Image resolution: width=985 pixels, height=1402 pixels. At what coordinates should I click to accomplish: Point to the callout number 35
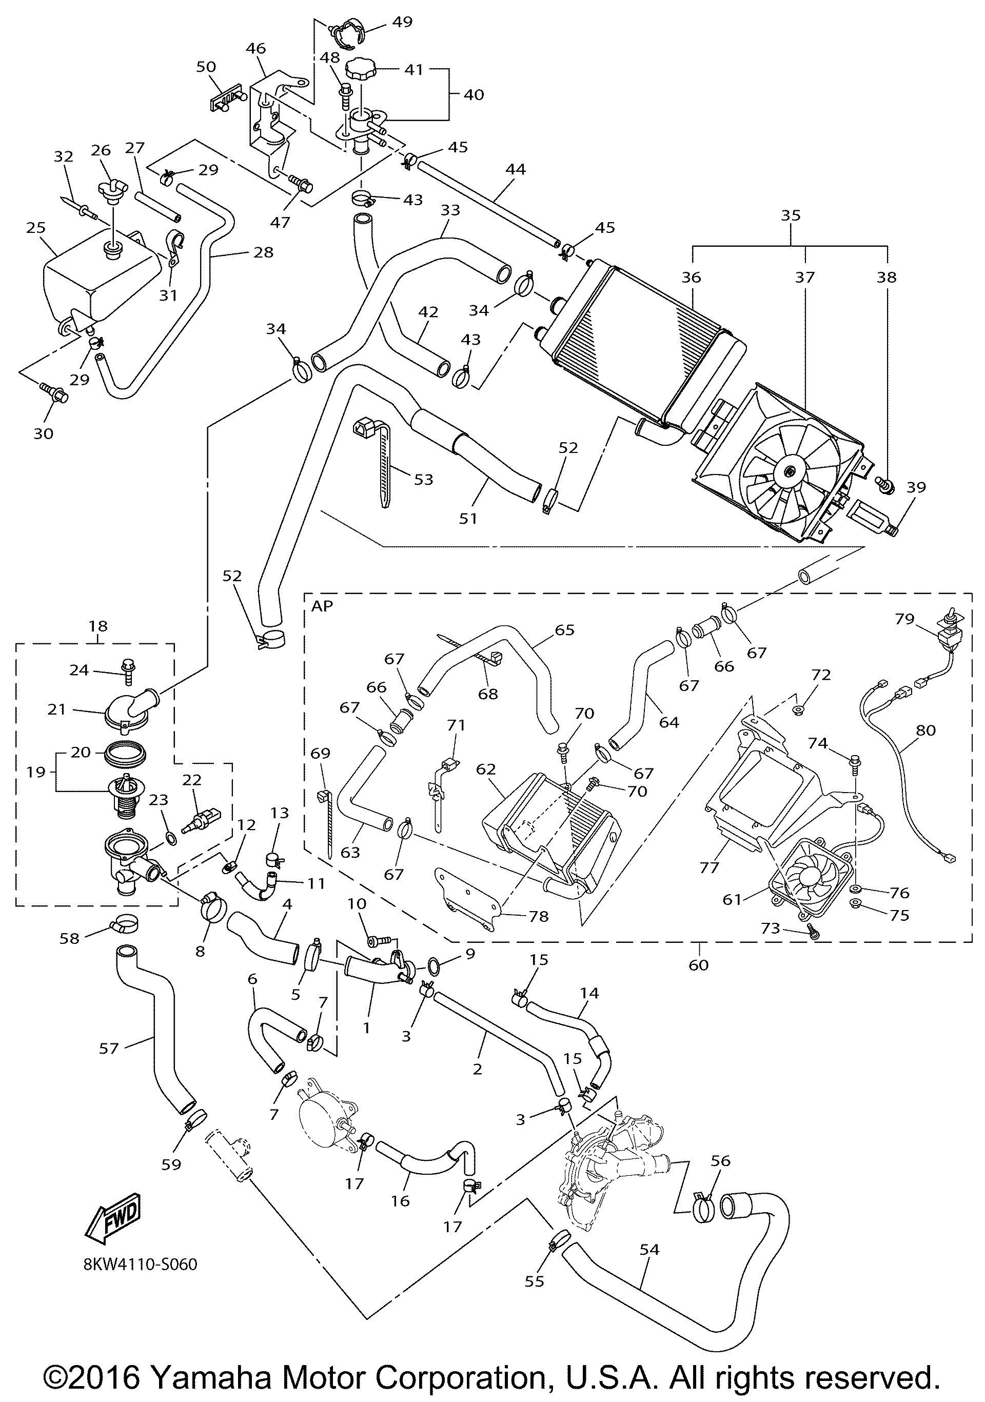[790, 215]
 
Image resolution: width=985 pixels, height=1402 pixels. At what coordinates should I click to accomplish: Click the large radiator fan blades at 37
[788, 471]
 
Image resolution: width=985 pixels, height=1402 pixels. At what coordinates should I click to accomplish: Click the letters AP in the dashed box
[322, 606]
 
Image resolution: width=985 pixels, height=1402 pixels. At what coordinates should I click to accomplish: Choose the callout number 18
[97, 626]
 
